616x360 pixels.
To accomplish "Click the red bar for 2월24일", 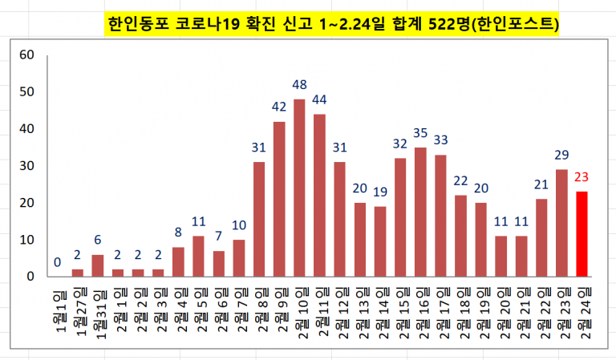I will tap(582, 233).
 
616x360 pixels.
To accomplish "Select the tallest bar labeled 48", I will tap(299, 188).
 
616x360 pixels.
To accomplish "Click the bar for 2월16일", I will tap(421, 212).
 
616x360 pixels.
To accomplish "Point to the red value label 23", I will tap(582, 178).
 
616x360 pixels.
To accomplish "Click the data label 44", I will tap(319, 99).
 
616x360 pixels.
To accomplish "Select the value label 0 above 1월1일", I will tap(57, 262).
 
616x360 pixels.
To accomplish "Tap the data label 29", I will tap(561, 156).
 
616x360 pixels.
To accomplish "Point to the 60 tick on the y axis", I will tap(26, 55).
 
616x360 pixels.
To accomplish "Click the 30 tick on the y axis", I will tap(26, 166).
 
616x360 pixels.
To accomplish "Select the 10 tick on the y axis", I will tap(26, 240).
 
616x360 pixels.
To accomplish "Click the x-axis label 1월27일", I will tap(78, 312).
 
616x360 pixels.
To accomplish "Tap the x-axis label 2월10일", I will tap(300, 313).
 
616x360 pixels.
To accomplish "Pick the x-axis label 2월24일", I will tap(583, 313).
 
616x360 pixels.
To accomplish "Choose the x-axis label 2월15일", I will tap(401, 313).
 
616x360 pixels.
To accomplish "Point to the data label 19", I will tap(380, 192).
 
